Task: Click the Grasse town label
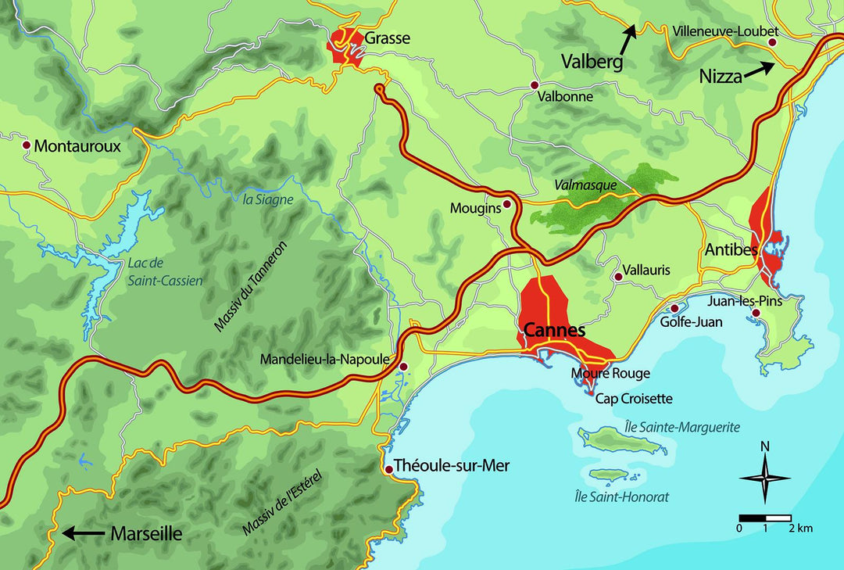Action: tap(387, 38)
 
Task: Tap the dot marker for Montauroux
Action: tap(27, 145)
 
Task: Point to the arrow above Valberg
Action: tap(630, 30)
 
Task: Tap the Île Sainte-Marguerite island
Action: tap(621, 442)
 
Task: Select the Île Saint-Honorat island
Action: tap(614, 475)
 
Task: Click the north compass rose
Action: tap(764, 477)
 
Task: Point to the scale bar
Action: tap(765, 518)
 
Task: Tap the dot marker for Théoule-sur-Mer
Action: tap(389, 469)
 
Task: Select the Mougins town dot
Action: tap(506, 204)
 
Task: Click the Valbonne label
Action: tap(566, 97)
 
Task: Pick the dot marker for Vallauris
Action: tap(617, 276)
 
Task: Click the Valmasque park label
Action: tap(585, 185)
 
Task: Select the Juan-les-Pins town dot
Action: tap(756, 314)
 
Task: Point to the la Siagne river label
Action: tap(268, 199)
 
